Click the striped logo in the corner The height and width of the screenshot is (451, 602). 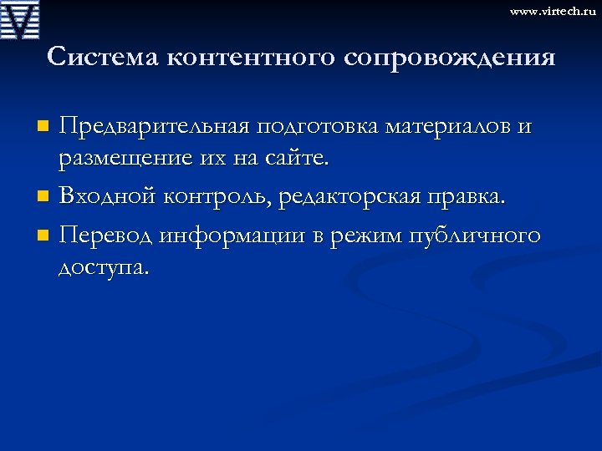[20, 19]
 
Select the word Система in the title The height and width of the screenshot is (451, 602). [102, 57]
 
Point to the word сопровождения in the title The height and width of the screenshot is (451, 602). [448, 58]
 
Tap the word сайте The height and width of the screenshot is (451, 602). [308, 157]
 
